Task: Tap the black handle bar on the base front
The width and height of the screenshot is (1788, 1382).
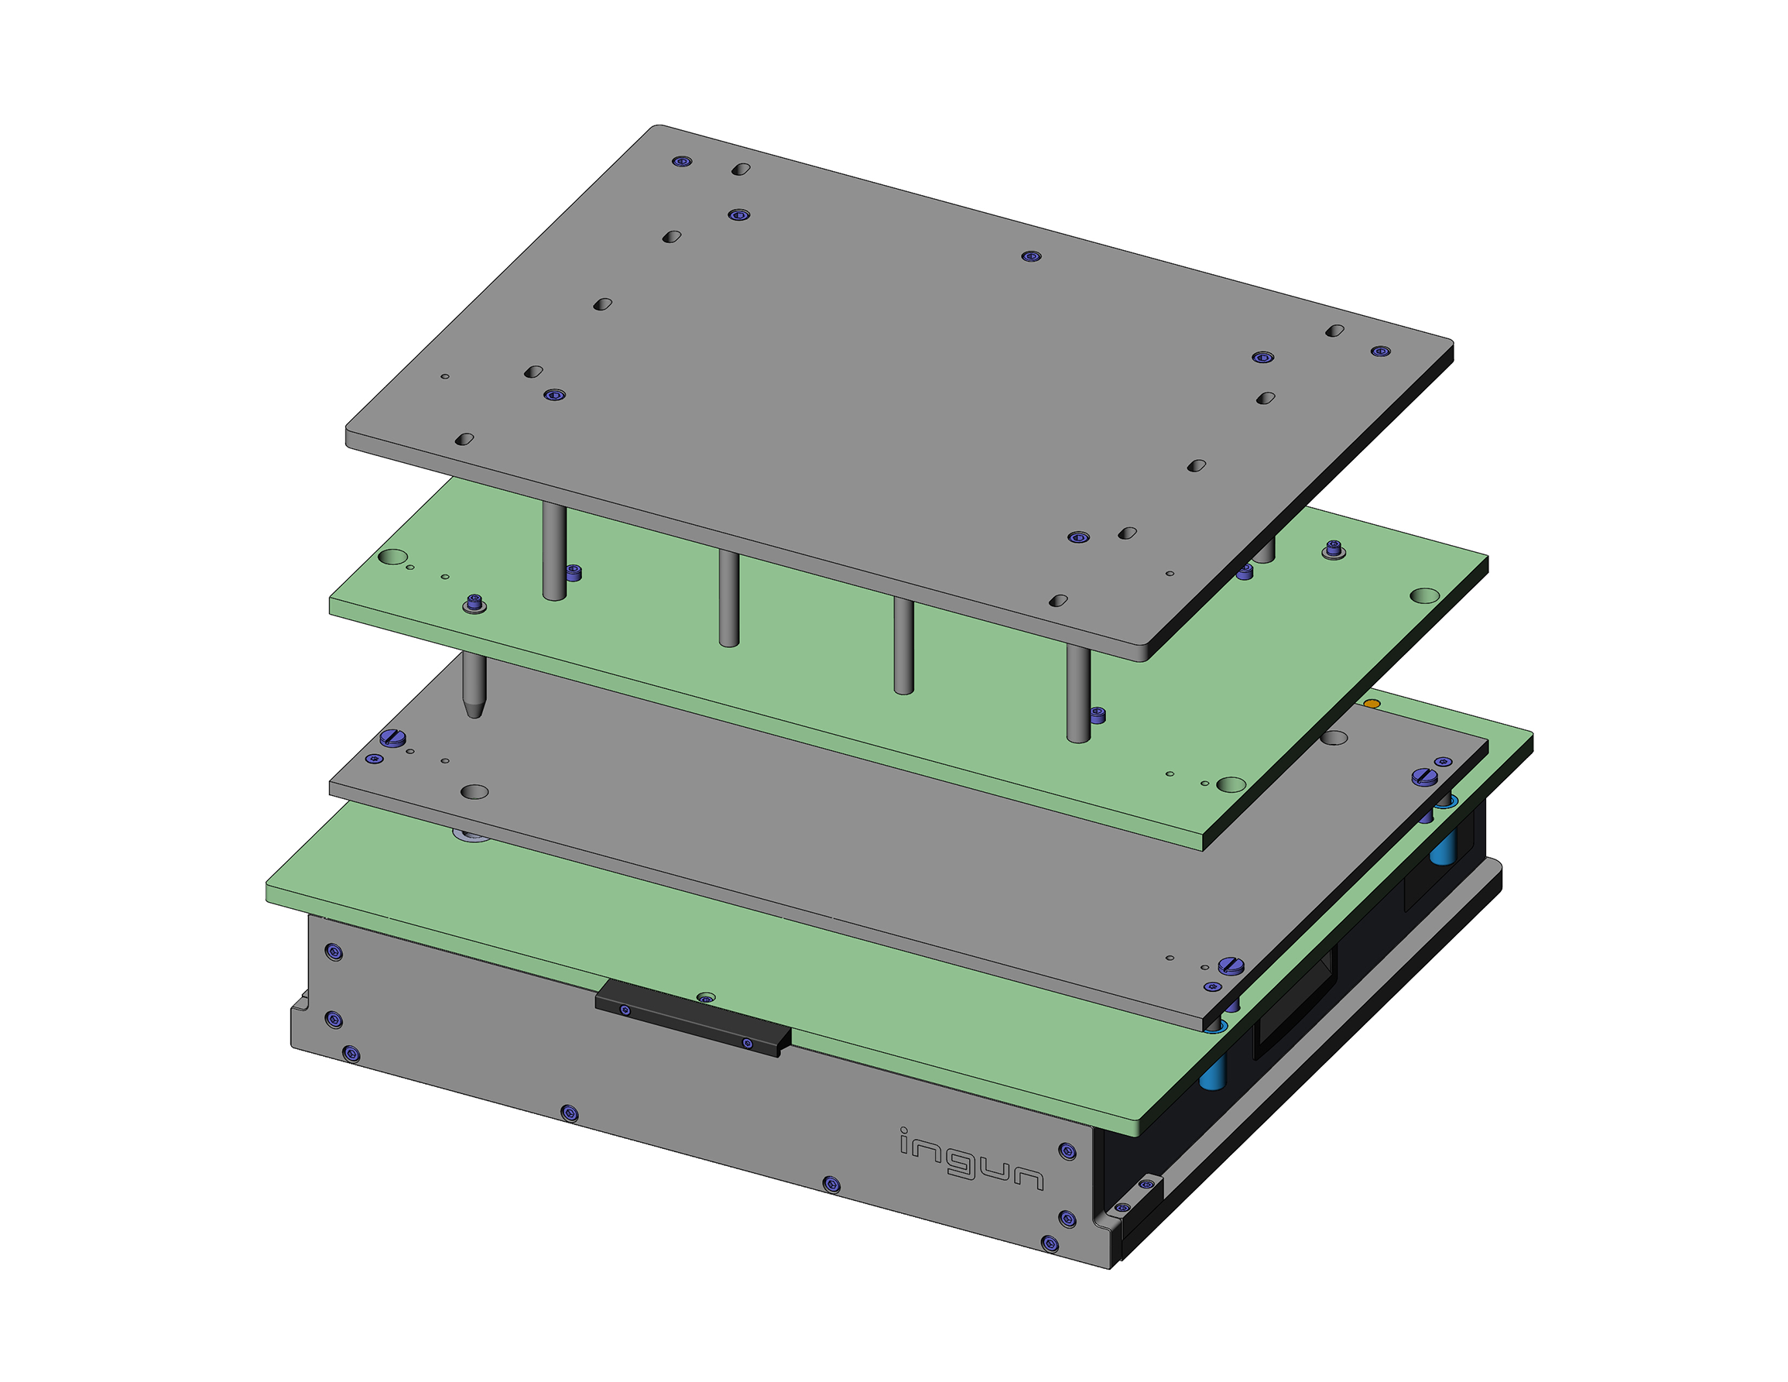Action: tap(693, 1018)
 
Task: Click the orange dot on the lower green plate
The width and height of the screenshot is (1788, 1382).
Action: tap(1372, 703)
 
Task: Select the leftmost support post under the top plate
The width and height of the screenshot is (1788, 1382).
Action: tap(554, 551)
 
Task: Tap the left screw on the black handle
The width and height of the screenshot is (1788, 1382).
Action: tap(625, 1010)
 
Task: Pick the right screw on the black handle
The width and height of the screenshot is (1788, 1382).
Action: tap(747, 1043)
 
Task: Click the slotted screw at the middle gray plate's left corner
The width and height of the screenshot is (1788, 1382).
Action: tap(394, 738)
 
